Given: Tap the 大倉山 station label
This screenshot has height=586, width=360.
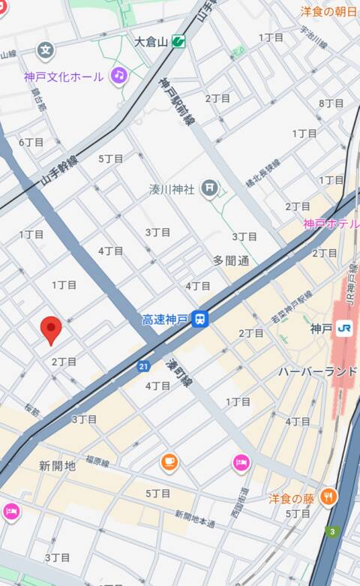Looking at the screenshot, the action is pos(151,41).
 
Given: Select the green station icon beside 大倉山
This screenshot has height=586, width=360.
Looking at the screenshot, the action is pos(178,41).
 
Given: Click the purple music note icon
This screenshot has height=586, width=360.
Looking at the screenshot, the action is pos(118,74).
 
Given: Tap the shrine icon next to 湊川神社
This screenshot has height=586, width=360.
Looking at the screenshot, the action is pos(209,189).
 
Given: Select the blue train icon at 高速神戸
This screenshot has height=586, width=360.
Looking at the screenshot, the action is pos(199,320).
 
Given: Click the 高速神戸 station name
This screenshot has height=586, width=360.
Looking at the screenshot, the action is pos(163,320).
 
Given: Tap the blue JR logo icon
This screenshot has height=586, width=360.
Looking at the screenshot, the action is pos(344,328).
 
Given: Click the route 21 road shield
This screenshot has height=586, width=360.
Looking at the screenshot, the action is pos(143,365).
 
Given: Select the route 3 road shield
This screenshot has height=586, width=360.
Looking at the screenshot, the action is pos(331,532).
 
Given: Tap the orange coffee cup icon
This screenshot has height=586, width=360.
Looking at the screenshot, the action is pos(169,462).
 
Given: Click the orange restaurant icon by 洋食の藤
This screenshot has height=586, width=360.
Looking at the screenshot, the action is pos(328,497).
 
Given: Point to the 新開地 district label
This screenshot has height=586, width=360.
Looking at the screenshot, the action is pos(57,466).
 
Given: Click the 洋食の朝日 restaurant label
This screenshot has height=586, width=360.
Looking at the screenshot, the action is pos(328,11).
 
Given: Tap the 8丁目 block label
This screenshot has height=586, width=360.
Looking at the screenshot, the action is pos(331,103).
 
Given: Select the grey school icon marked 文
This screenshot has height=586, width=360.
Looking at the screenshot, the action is pos(46,51).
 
